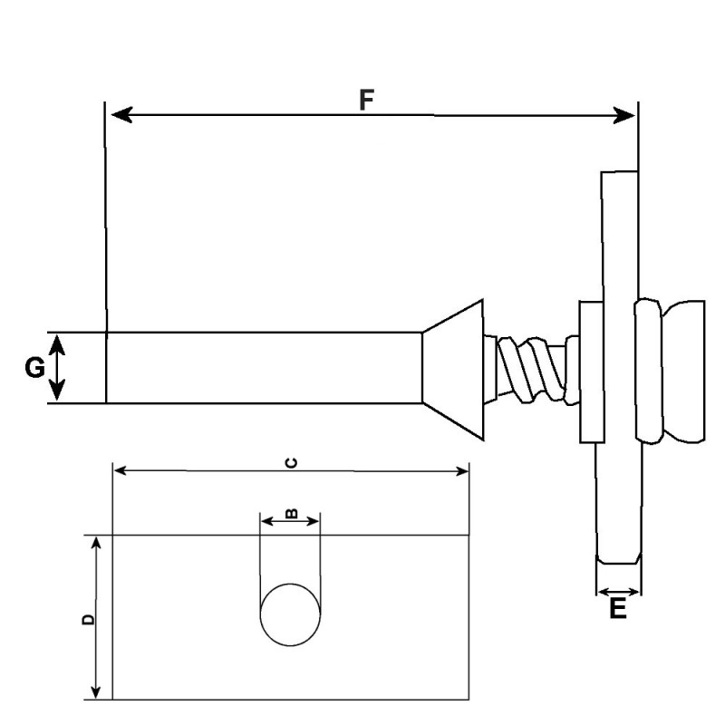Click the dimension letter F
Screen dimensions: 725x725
(x=367, y=99)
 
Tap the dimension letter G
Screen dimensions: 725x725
(x=34, y=368)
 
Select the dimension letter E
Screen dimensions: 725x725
(x=617, y=609)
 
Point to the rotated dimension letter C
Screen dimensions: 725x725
(x=291, y=463)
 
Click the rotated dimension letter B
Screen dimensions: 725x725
(x=291, y=513)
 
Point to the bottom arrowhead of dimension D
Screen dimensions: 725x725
(x=95, y=691)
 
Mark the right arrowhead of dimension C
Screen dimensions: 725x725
(x=461, y=470)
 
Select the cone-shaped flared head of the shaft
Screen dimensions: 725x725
(x=453, y=367)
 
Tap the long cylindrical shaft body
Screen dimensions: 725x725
(x=263, y=367)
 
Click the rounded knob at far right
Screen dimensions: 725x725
(x=684, y=372)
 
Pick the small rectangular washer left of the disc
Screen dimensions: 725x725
(x=590, y=372)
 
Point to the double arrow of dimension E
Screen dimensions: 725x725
(x=618, y=592)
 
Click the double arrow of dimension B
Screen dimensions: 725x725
(x=290, y=521)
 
